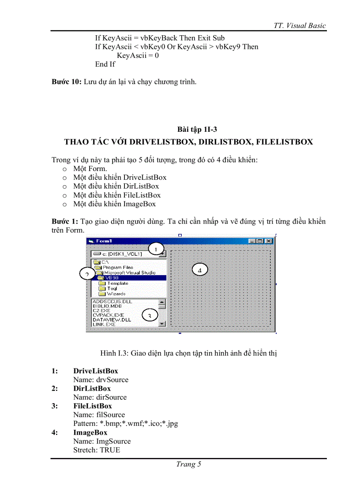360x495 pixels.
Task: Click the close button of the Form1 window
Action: pos(269,241)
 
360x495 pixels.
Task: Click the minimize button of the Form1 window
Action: pos(252,241)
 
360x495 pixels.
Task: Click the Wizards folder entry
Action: pos(116,294)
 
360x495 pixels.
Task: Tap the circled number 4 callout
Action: pos(199,270)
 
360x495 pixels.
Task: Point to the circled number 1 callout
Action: pos(155,249)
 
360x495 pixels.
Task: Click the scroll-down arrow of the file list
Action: pos(162,324)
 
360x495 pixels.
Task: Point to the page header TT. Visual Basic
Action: pos(300,25)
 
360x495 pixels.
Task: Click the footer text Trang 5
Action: pos(188,464)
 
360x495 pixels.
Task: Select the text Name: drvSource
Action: pos(101,380)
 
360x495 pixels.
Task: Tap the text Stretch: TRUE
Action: pos(96,450)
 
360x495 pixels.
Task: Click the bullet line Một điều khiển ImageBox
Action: pos(114,204)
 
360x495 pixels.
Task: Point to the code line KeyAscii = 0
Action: pos(138,56)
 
